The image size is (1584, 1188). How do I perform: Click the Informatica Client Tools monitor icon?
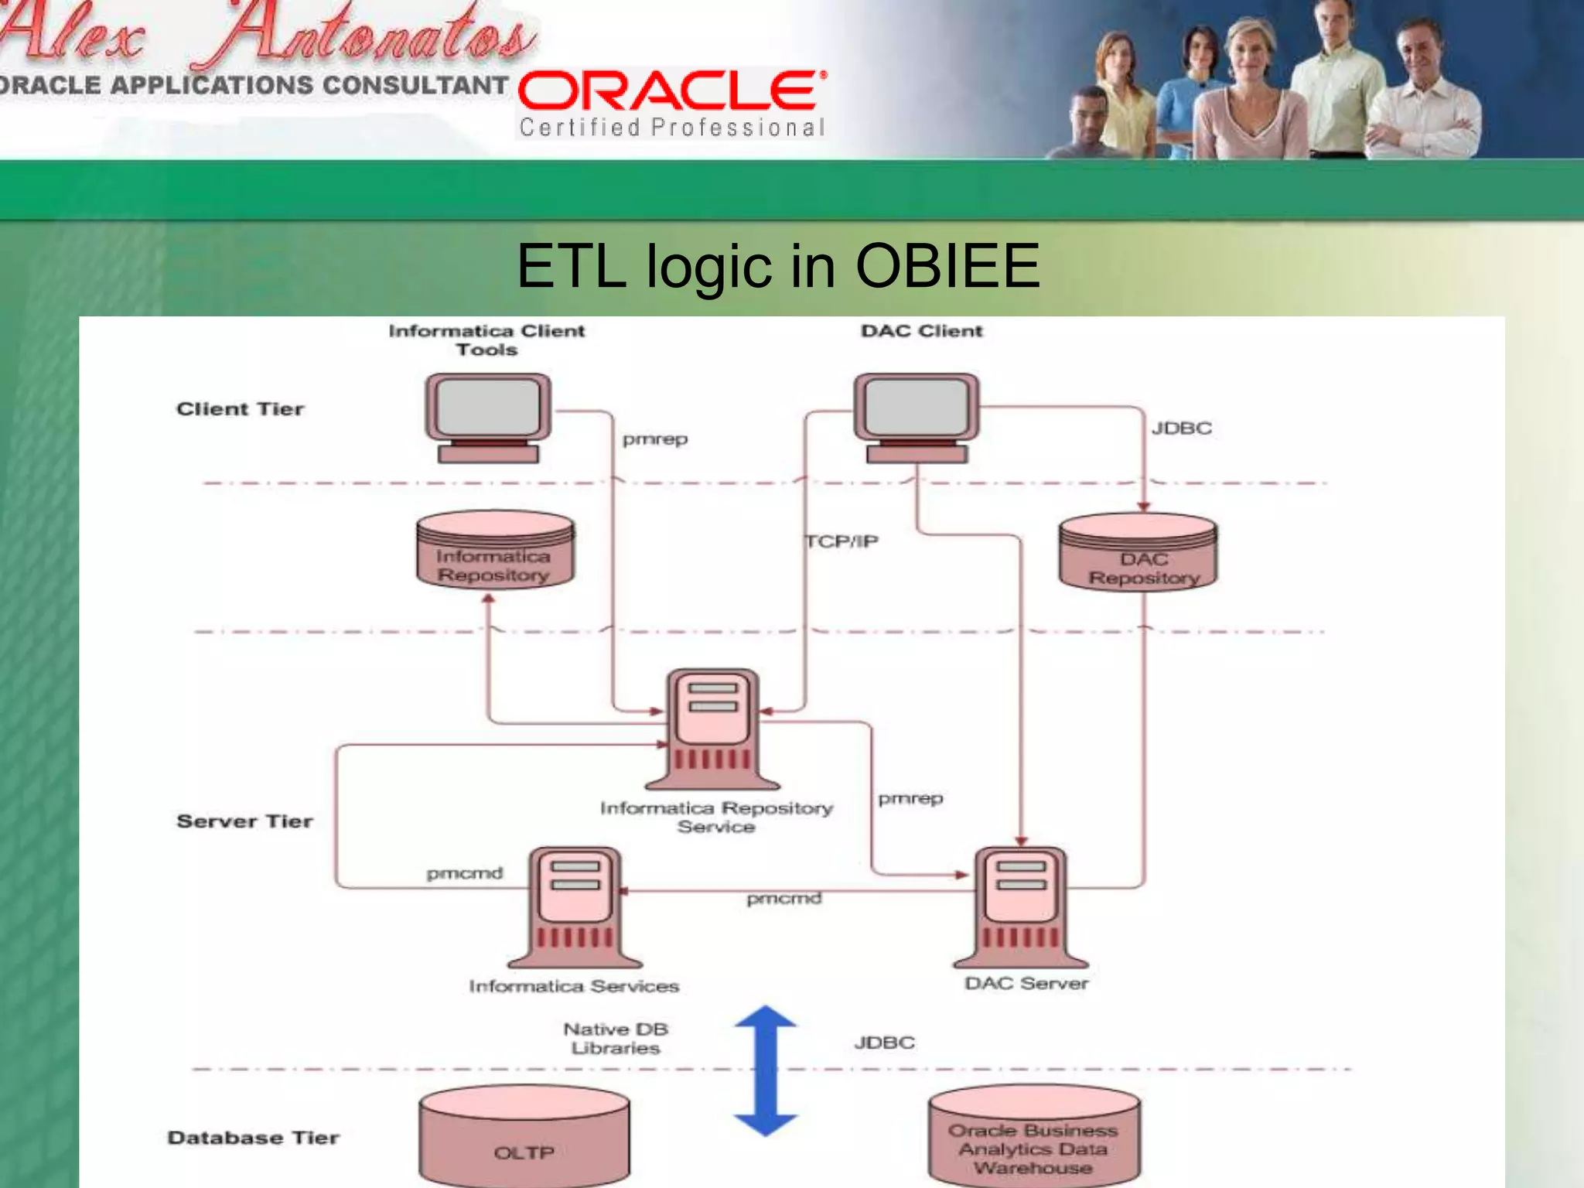click(488, 418)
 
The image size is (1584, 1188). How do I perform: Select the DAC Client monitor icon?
click(917, 418)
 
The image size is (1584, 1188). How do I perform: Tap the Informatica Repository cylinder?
click(495, 551)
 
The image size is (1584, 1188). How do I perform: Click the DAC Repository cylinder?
click(1138, 553)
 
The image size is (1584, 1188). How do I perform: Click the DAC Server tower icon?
click(1021, 906)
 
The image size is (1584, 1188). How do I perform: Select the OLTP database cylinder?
click(524, 1137)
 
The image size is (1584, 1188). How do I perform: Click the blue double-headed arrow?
click(766, 1071)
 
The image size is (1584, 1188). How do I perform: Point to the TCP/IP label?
click(841, 541)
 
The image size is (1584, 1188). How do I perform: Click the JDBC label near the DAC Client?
click(1181, 428)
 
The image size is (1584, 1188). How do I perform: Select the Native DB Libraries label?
click(616, 1039)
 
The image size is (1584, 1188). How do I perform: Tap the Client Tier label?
click(240, 409)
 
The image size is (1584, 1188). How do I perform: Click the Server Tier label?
click(244, 821)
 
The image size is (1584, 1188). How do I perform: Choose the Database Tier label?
click(253, 1138)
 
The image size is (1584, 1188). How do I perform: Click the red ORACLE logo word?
click(671, 90)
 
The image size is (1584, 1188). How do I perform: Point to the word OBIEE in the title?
click(947, 266)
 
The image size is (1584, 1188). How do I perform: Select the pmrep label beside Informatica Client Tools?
click(655, 439)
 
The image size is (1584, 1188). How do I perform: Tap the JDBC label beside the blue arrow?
click(884, 1043)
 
